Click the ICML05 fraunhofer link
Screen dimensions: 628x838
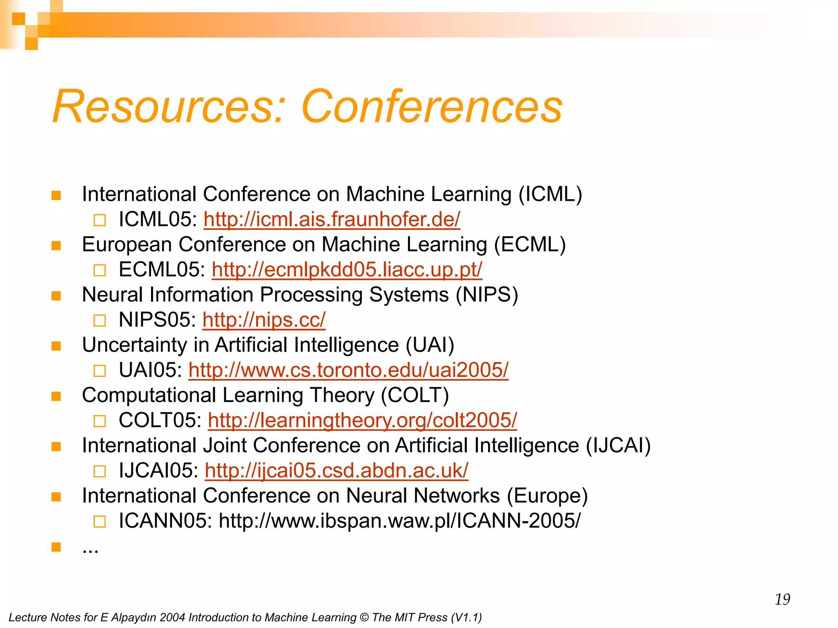331,220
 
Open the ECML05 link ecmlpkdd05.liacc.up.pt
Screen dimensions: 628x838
347,270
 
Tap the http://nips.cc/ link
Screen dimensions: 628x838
264,320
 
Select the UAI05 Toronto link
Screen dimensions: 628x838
348,370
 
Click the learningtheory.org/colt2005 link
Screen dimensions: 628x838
362,420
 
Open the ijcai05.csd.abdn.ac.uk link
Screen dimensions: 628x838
336,471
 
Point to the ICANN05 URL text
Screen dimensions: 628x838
399,521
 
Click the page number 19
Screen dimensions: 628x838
782,599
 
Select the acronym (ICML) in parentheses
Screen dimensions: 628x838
550,194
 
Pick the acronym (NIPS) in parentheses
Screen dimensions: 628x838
487,295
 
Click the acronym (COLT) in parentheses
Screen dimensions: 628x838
415,395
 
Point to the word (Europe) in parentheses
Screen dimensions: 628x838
547,496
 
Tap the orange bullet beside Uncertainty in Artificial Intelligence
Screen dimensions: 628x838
56,346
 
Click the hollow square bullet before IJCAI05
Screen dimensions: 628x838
99,471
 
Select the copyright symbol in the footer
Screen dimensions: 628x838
364,617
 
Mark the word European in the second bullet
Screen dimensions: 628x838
127,244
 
